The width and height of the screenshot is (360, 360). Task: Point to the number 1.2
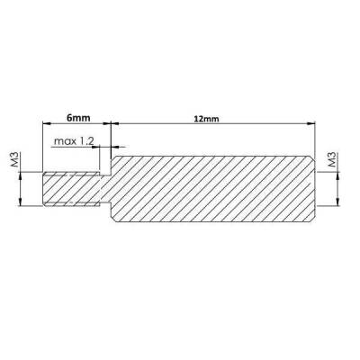[90, 141]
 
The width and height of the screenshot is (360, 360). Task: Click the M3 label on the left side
[15, 161]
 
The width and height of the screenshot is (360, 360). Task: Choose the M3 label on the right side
[332, 161]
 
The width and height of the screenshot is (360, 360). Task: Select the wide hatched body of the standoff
[211, 189]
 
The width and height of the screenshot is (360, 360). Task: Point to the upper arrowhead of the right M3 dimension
[338, 175]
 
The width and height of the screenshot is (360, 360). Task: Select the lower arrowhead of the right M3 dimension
[338, 204]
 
